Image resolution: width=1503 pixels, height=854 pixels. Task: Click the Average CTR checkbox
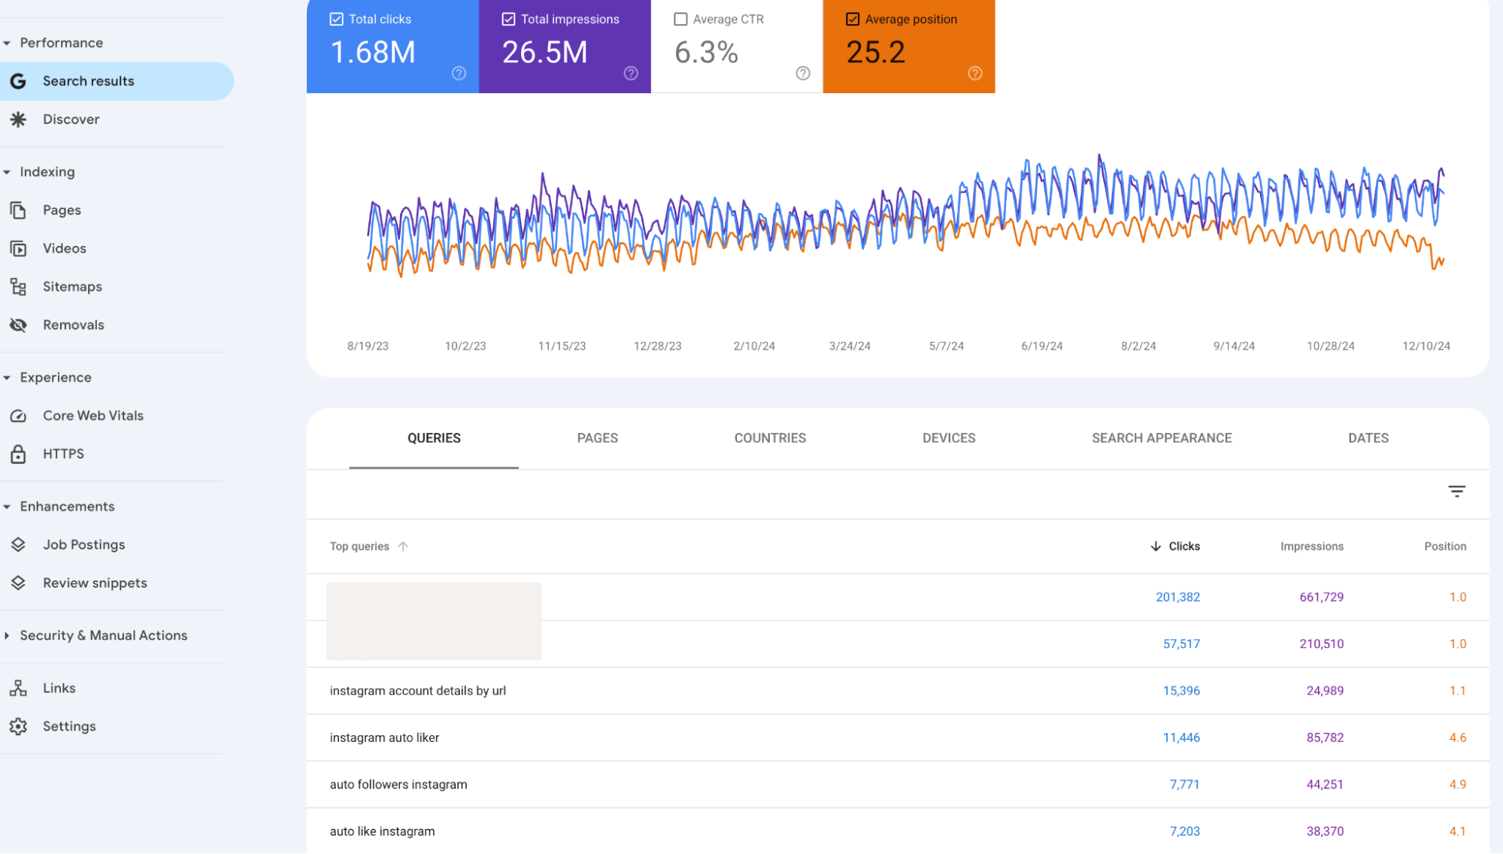click(680, 20)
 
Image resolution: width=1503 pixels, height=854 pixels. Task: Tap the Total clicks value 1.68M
click(373, 53)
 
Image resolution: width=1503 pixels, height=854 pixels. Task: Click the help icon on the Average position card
click(974, 73)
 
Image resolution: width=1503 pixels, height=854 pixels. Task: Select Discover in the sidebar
click(71, 120)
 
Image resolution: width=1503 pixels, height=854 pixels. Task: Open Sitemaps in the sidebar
click(72, 286)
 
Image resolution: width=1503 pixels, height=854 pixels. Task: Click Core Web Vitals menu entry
click(92, 416)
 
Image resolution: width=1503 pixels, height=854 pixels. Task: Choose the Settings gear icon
click(19, 726)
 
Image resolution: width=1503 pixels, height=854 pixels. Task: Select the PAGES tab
click(597, 438)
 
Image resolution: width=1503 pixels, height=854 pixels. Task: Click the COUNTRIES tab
click(770, 438)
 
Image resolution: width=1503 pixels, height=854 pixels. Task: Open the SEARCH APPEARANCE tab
click(1161, 438)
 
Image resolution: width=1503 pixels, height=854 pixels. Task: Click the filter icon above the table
click(1456, 492)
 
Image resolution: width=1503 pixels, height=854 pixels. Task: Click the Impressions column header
click(1311, 547)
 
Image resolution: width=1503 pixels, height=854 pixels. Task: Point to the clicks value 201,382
click(1177, 597)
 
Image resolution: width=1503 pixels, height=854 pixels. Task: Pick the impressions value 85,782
click(1324, 737)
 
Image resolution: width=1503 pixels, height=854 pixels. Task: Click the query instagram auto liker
click(384, 737)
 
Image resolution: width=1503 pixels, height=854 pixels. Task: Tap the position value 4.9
click(1457, 784)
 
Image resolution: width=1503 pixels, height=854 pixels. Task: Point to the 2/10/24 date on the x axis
click(753, 346)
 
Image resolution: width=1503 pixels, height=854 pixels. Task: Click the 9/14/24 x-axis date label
click(1233, 346)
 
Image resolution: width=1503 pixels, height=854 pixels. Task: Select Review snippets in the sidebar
click(95, 583)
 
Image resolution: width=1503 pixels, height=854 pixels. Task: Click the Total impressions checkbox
click(509, 20)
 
